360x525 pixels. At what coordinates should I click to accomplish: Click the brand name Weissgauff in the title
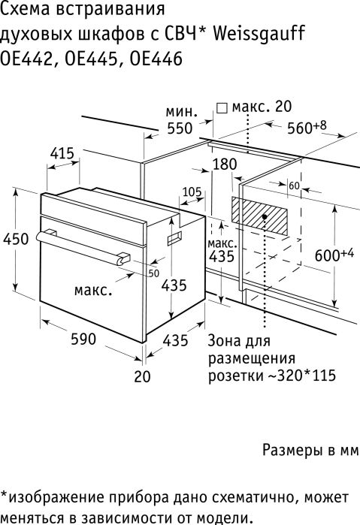click(x=259, y=34)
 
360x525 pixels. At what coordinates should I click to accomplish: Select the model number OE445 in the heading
click(x=91, y=59)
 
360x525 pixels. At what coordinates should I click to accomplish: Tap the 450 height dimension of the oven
click(x=16, y=239)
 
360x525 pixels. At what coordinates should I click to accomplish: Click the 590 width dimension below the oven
click(x=83, y=339)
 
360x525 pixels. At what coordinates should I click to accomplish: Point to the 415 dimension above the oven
click(x=62, y=154)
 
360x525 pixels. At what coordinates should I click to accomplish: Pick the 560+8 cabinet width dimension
click(x=307, y=127)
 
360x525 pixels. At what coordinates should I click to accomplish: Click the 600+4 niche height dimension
click(x=334, y=255)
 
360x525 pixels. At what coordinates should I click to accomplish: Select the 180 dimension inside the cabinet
click(x=224, y=164)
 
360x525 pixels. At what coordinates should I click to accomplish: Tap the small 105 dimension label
click(x=192, y=192)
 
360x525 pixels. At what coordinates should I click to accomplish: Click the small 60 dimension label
click(x=294, y=186)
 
